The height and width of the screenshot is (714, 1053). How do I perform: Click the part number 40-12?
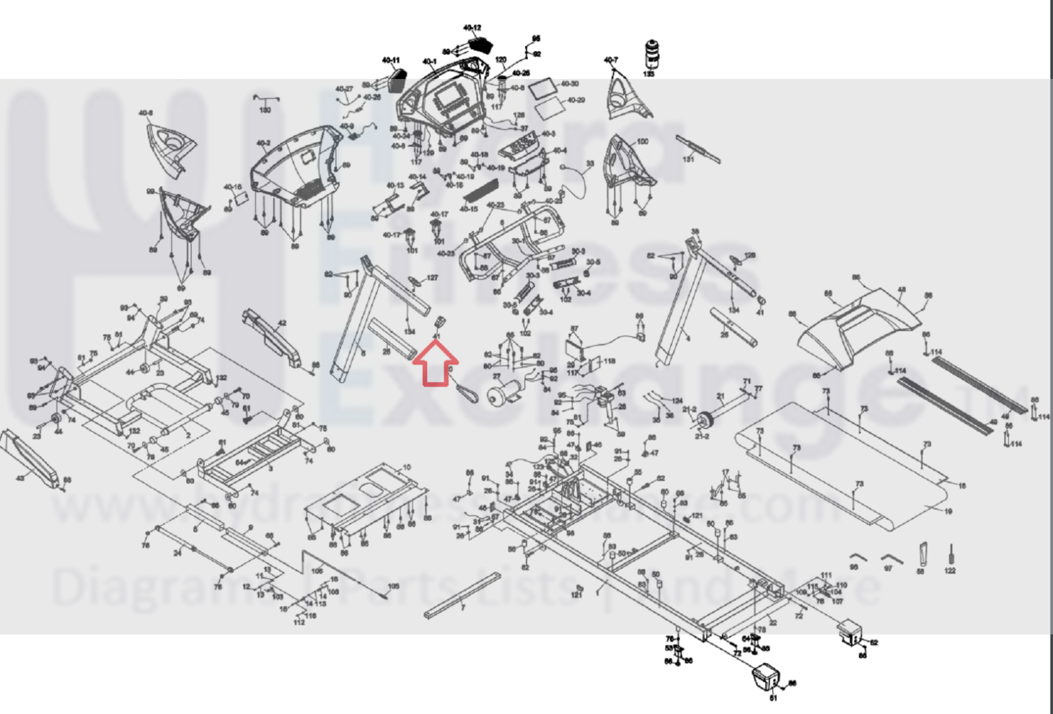[x=472, y=28]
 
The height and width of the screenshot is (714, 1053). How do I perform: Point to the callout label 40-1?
[x=429, y=62]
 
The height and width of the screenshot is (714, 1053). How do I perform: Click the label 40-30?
[x=570, y=84]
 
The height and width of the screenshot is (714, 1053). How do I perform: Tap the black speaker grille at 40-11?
[x=396, y=81]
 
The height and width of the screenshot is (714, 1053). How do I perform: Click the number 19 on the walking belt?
[x=948, y=511]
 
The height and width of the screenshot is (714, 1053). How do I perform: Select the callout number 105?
[x=393, y=586]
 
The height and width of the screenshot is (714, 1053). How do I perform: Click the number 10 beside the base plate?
[x=407, y=468]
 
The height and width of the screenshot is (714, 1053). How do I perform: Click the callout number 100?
[x=642, y=142]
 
